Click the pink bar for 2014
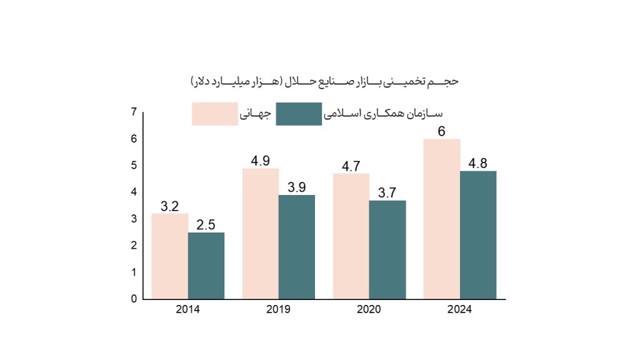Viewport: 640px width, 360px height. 169,256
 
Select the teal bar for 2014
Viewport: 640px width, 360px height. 206,266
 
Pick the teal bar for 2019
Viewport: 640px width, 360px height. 297,247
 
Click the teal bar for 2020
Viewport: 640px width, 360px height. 387,249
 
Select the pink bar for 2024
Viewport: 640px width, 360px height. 441,219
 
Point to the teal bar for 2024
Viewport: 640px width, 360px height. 478,234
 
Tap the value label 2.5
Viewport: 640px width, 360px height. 206,225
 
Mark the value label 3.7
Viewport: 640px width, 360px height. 387,193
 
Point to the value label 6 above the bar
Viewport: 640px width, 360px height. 441,132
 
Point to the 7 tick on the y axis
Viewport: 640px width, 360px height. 134,112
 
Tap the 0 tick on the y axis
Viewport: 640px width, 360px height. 134,299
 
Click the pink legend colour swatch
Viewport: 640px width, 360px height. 214,114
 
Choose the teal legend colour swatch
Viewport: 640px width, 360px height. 299,114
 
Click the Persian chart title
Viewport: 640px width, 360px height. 324,82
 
